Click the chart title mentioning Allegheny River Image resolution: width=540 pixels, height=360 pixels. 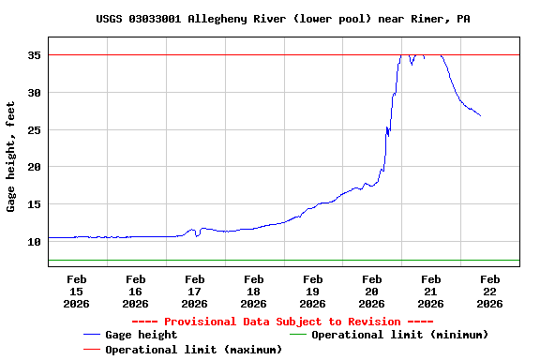coord(270,19)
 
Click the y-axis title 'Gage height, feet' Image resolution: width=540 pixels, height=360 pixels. coord(11,157)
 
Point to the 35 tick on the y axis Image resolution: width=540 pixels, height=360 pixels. coord(34,55)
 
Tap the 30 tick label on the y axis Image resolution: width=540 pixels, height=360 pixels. coord(34,93)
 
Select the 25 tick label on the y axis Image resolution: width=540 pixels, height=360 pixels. coord(34,130)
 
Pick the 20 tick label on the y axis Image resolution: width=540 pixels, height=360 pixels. coord(34,167)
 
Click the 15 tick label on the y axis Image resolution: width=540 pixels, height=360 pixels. coord(34,204)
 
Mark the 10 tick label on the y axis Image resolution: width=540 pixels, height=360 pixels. coord(34,242)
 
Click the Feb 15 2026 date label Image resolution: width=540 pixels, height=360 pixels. coord(77,291)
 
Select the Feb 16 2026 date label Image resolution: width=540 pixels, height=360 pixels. coord(136,291)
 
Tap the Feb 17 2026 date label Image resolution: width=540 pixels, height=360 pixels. coord(195,291)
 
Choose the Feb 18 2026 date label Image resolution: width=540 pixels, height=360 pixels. coord(254,291)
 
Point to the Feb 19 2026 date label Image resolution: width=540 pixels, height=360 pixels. coord(313,291)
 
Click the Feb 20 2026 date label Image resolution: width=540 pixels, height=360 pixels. coord(372,291)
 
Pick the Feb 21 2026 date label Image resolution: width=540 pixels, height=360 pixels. coord(431,291)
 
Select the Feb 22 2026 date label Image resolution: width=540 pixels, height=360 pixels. coord(489,291)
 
